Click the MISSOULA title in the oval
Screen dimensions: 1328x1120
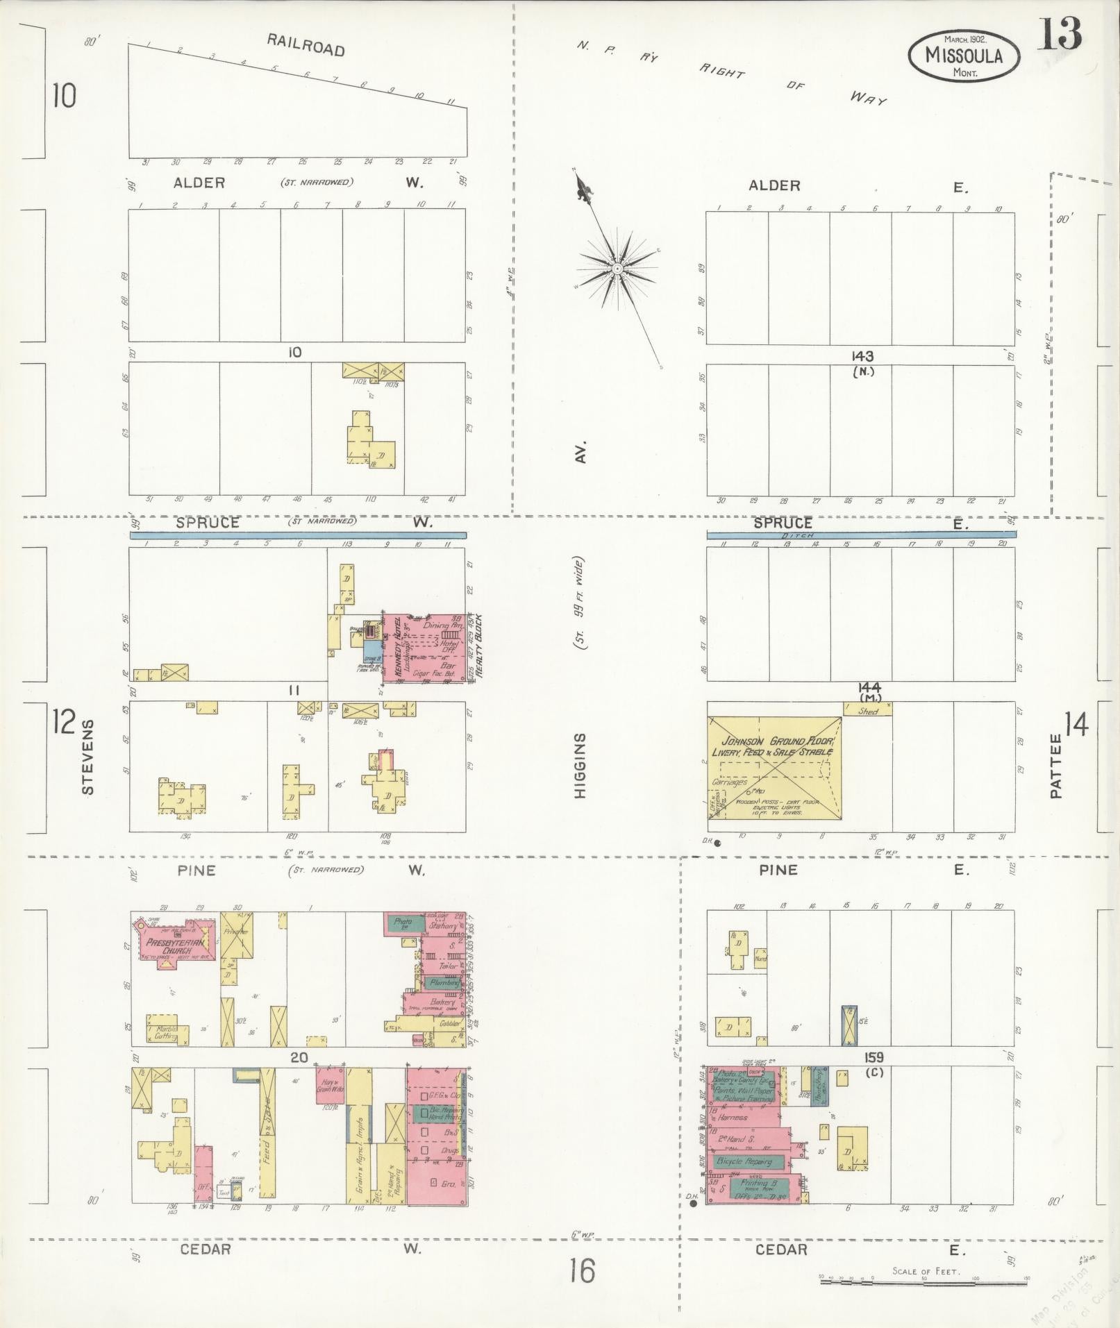click(964, 56)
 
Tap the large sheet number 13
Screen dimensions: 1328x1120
click(1060, 34)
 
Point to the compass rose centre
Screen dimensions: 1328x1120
click(617, 267)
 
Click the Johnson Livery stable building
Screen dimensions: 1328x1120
click(774, 767)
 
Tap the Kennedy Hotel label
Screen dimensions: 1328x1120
click(399, 649)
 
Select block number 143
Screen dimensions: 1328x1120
click(862, 356)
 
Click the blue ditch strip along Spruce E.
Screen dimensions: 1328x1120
click(861, 535)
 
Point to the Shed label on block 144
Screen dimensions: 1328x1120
click(867, 711)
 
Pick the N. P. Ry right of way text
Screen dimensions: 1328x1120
click(729, 69)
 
